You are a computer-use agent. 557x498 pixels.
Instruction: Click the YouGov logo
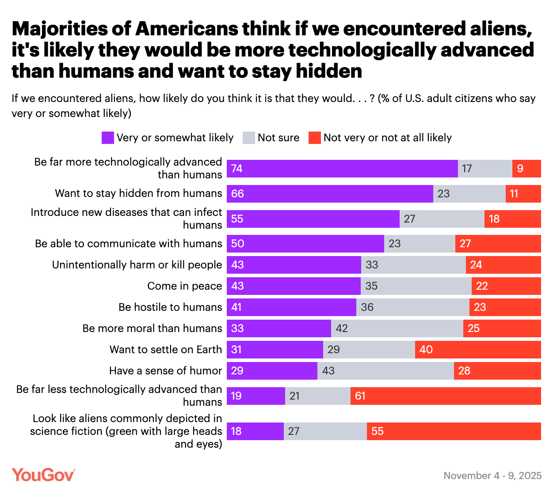pos(43,475)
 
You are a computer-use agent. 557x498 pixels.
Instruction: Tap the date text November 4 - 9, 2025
pos(492,475)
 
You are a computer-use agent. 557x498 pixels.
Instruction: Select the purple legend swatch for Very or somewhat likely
pos(107,138)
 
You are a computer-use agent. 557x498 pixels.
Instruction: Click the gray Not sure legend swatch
pos(249,138)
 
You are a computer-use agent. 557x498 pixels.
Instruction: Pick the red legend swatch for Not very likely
pos(314,138)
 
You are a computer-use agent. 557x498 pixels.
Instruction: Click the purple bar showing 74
pos(342,169)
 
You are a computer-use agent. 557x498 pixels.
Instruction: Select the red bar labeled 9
pos(526,169)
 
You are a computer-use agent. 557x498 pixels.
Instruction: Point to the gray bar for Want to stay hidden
pos(469,194)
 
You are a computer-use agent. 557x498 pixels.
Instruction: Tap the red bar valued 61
pos(446,396)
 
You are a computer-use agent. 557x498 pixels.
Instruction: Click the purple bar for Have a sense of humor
pos(272,371)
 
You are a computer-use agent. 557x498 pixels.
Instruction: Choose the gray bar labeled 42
pos(397,328)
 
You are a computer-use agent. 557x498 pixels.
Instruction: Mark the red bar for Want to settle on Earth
pos(478,350)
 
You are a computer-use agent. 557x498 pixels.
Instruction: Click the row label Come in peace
pos(184,286)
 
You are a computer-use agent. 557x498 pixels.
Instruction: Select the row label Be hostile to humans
pos(170,307)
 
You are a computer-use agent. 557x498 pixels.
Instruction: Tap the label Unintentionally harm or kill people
pos(137,265)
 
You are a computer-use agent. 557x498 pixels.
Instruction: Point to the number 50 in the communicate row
pos(238,244)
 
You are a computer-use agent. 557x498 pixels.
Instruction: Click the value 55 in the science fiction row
pos(378,431)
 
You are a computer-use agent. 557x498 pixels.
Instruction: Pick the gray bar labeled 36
pos(413,307)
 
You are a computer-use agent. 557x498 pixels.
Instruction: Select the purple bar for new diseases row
pos(313,219)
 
